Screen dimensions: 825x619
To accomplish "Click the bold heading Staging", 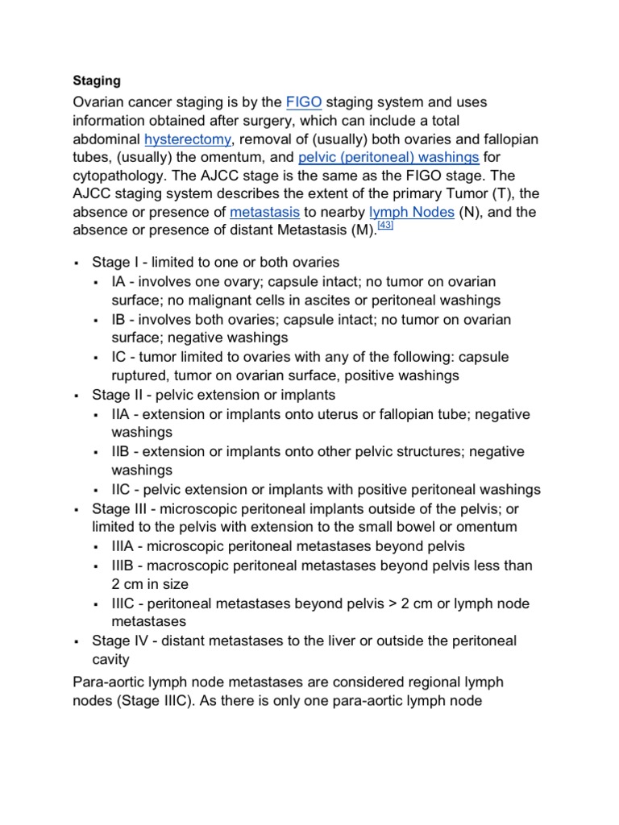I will (97, 81).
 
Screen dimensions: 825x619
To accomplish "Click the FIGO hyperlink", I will (304, 102).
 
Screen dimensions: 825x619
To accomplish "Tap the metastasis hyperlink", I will (264, 213).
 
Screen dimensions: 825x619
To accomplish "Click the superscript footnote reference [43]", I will (384, 226).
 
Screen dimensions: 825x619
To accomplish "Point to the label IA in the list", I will (120, 282).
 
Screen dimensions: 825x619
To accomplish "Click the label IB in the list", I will (120, 319).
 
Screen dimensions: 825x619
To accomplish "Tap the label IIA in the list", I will (123, 414).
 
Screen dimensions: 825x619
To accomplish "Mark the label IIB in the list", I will (123, 451).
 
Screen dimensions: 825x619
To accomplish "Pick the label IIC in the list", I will (123, 489).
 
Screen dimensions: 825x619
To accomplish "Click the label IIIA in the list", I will (125, 546).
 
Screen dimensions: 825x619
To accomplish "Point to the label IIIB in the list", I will (125, 566).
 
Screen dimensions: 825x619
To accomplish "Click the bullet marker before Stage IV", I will (74, 642).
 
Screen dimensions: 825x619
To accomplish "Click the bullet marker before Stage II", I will (74, 396).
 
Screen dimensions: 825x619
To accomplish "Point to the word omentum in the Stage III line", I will (486, 527).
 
